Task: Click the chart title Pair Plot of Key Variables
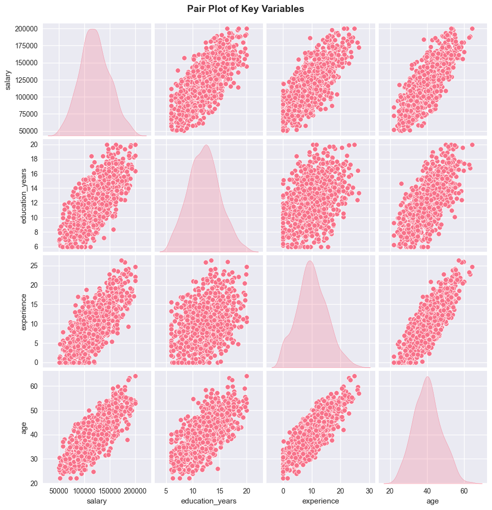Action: pyautogui.click(x=246, y=9)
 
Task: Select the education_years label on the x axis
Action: pyautogui.click(x=208, y=501)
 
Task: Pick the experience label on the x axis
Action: pyautogui.click(x=320, y=501)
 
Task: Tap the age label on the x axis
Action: pyautogui.click(x=433, y=501)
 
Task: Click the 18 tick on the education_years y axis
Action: pyautogui.click(x=33, y=159)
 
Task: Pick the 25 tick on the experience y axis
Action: pyautogui.click(x=33, y=266)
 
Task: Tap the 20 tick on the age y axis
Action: pyautogui.click(x=33, y=484)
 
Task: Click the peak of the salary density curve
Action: pyautogui.click(x=93, y=29)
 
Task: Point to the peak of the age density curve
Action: pyautogui.click(x=428, y=376)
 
